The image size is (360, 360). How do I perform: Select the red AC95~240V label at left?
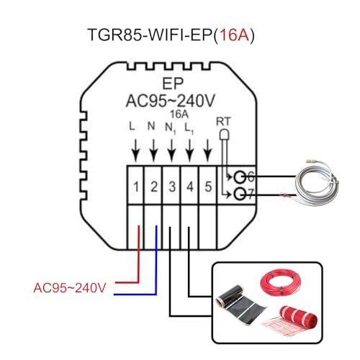point(70,288)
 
